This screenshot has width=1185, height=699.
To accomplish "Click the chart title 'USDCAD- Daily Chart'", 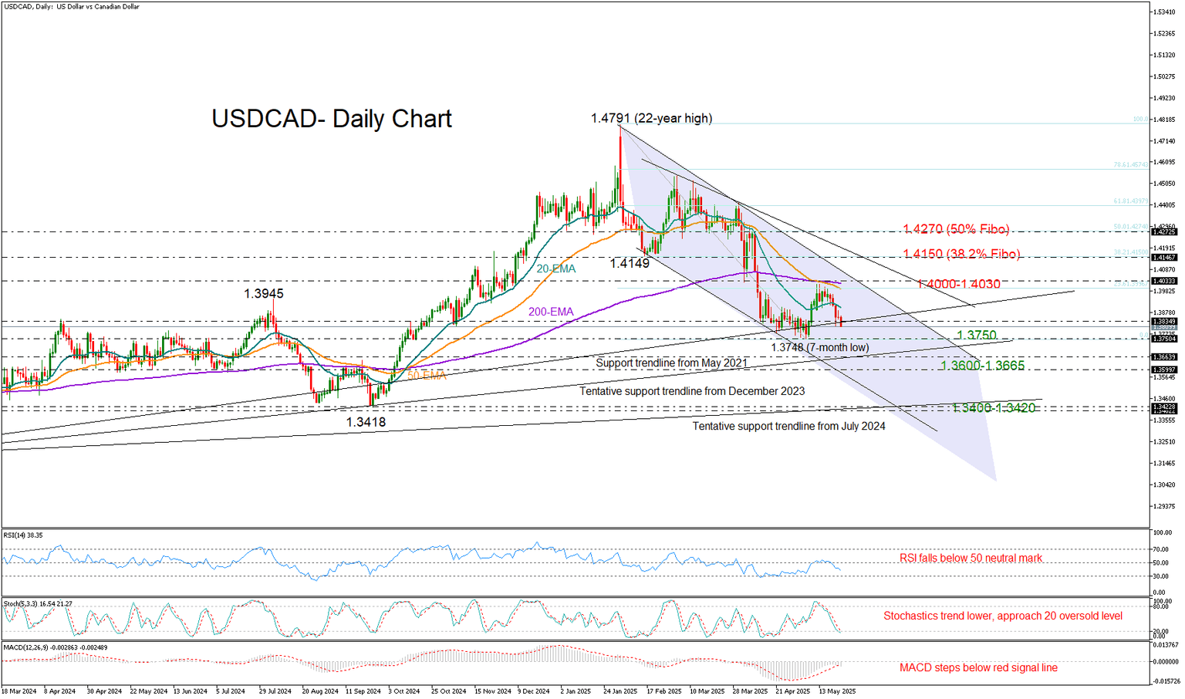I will (332, 119).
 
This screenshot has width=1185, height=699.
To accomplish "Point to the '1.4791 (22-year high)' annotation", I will (651, 118).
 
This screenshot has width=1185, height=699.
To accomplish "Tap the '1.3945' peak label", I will (264, 294).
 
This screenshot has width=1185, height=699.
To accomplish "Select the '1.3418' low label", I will (366, 422).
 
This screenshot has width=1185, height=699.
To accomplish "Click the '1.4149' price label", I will (630, 263).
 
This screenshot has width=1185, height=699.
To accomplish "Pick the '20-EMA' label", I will (556, 269).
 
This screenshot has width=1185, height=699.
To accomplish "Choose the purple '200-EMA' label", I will (551, 312).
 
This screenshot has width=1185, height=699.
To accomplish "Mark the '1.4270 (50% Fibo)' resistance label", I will (956, 229).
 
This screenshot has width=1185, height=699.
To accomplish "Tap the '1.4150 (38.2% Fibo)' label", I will (961, 254).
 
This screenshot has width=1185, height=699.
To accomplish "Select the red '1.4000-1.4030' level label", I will (959, 285).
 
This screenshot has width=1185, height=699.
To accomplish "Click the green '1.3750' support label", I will (976, 336).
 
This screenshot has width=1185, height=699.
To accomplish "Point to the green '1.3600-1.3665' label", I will (982, 366).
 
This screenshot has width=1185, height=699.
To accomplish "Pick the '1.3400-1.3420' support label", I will (993, 407).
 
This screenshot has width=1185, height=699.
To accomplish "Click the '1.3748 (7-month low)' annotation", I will (819, 347).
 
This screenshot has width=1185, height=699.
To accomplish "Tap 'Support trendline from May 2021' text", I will (671, 363).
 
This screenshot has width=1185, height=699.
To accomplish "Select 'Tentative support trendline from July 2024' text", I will (788, 426).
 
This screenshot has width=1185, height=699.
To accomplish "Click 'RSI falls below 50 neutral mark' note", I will (971, 558).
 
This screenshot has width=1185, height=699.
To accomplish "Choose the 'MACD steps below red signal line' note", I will (978, 667).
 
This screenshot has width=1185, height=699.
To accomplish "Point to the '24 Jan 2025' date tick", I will (620, 691).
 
